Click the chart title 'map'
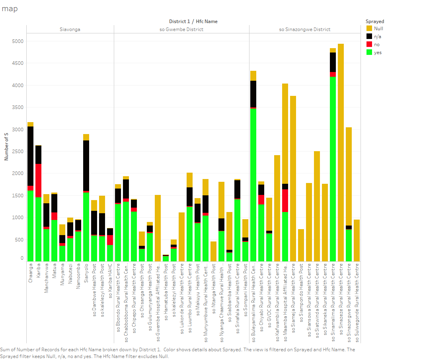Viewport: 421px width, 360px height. point(10,9)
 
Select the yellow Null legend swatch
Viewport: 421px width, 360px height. point(369,28)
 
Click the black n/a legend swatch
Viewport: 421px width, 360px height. point(369,36)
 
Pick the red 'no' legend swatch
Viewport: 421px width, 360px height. point(369,44)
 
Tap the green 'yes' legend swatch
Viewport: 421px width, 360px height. point(369,52)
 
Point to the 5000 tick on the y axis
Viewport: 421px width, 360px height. point(18,41)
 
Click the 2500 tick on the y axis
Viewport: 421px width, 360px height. point(18,151)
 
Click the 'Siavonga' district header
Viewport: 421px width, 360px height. point(70,29)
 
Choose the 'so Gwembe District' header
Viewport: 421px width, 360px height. point(181,29)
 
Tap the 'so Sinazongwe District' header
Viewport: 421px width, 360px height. point(305,29)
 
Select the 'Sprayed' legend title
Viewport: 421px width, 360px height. point(375,21)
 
